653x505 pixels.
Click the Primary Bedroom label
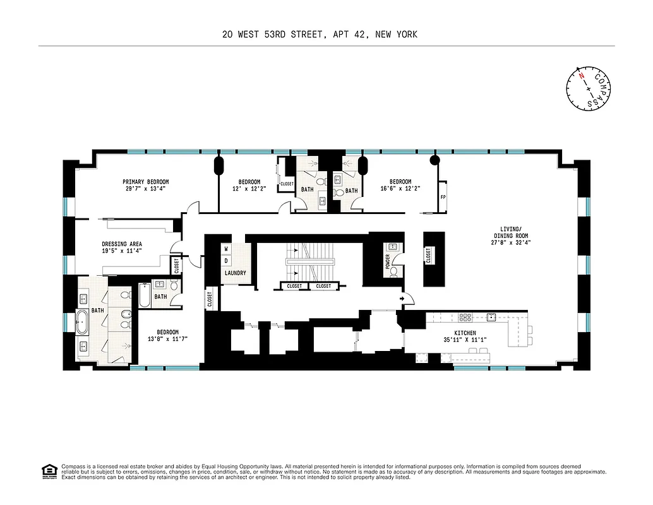click(x=146, y=182)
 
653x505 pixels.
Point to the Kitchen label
click(x=465, y=333)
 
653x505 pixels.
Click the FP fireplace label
click(x=443, y=196)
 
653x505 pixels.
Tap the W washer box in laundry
click(x=226, y=249)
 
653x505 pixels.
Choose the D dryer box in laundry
click(x=226, y=261)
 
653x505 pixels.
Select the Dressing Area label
click(x=122, y=244)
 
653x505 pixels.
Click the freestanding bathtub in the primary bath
click(x=83, y=322)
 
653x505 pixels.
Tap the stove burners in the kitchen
click(x=466, y=318)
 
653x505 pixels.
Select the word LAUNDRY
click(x=234, y=273)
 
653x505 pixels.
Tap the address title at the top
click(x=320, y=35)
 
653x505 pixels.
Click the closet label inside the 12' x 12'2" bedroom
click(x=287, y=184)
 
